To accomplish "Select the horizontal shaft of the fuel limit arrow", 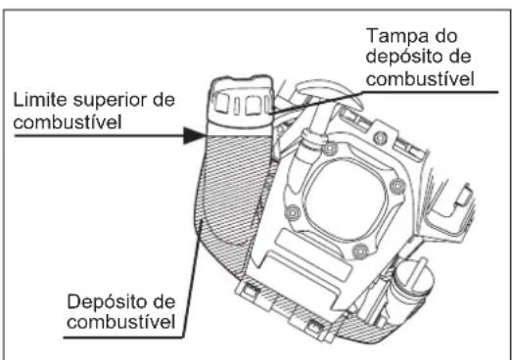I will coord(98,139).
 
